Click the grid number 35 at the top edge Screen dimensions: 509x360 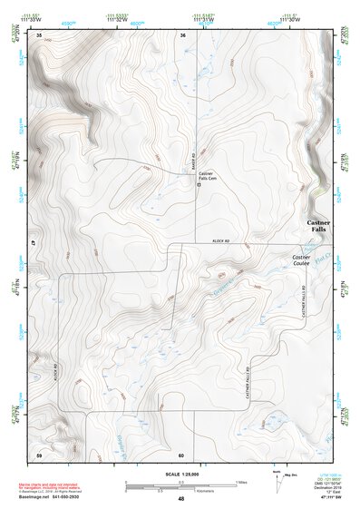click(39, 34)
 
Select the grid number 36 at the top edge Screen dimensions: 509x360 click(183, 34)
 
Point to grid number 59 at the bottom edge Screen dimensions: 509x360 click(39, 454)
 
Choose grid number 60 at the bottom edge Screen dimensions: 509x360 click(181, 454)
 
